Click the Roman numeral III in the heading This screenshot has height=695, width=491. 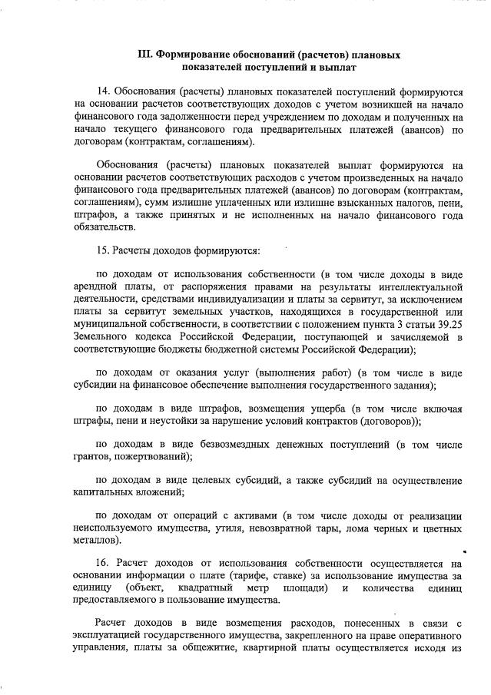click(x=144, y=55)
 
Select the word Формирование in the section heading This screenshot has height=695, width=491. click(x=195, y=55)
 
